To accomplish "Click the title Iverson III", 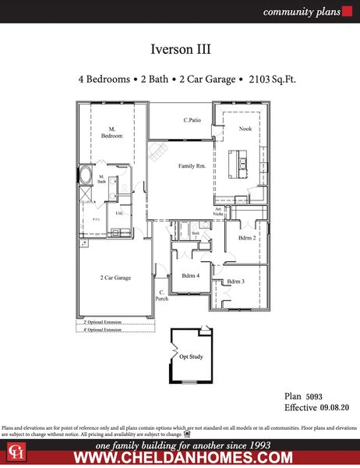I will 180,48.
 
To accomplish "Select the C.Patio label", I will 194,120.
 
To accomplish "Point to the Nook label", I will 245,128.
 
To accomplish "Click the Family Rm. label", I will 192,166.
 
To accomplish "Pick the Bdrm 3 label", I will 236,281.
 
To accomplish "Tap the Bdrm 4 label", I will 191,275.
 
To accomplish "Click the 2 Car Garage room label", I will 115,277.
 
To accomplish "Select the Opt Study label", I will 192,356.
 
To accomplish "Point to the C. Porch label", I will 162,295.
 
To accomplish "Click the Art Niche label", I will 219,211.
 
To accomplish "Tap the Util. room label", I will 119,213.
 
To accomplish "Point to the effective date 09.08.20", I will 336,407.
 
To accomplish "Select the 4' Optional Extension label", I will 103,330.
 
